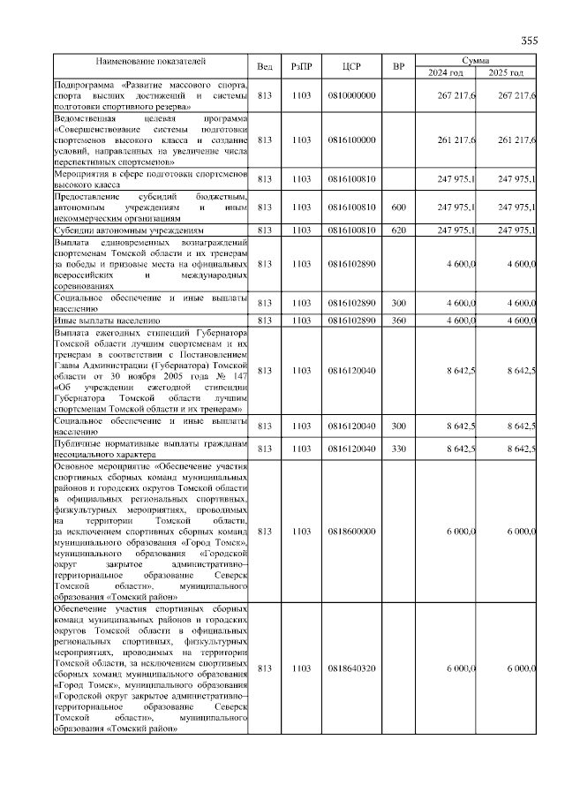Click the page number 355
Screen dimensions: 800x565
(x=529, y=40)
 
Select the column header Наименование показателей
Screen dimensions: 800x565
(x=151, y=62)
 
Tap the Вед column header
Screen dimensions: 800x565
(x=265, y=67)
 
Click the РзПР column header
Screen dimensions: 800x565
(x=302, y=67)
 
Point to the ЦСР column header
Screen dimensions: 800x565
(x=351, y=67)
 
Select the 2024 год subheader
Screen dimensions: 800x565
(x=446, y=72)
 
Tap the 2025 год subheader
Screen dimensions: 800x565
(x=507, y=72)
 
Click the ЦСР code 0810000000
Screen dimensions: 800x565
(x=351, y=95)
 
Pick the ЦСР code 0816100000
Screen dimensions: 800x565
(x=351, y=140)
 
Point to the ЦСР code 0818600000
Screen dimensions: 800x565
(x=351, y=532)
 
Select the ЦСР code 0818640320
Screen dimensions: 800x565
(x=351, y=668)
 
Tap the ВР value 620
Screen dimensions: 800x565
(x=398, y=230)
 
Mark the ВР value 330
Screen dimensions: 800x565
(x=398, y=449)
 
